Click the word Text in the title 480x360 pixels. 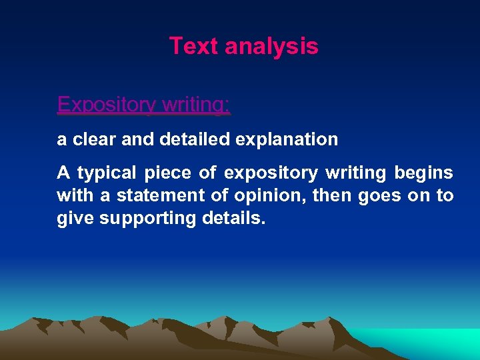coord(194,47)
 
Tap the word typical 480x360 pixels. coord(107,173)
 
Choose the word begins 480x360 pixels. coord(424,173)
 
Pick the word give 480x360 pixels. coord(75,219)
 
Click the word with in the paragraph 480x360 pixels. coord(75,196)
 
